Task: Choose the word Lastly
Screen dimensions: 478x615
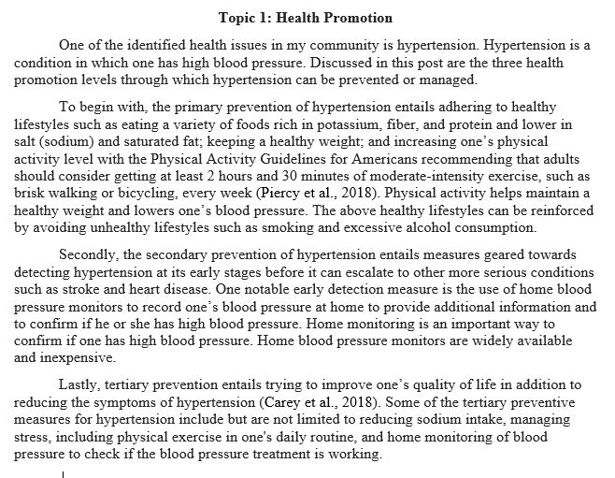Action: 80,384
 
